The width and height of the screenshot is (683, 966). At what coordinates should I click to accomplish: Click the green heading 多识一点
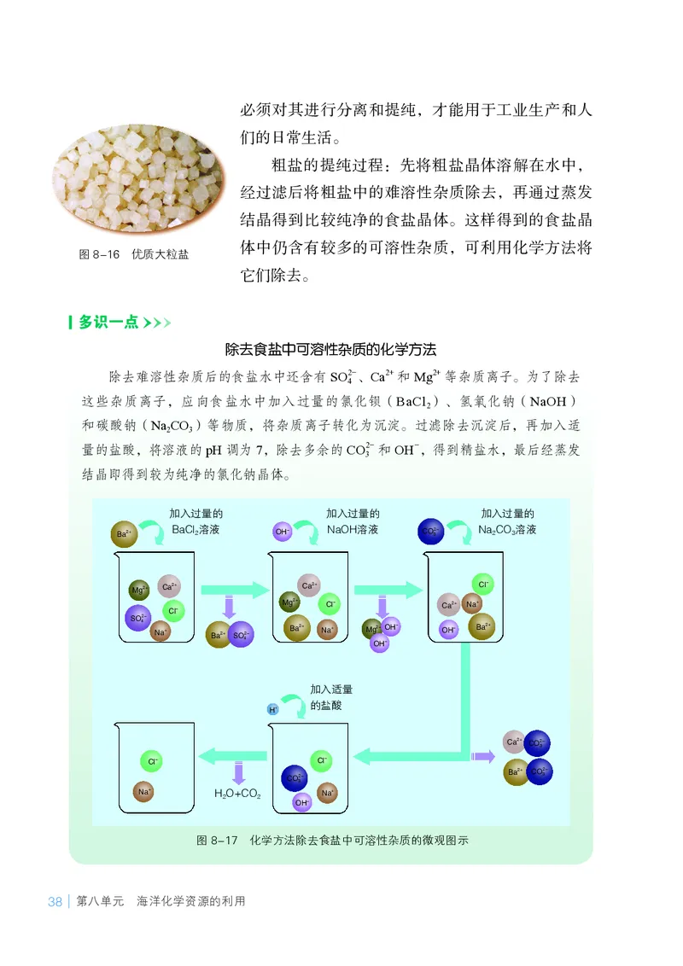point(108,323)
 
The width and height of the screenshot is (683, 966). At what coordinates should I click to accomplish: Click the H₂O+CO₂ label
point(237,793)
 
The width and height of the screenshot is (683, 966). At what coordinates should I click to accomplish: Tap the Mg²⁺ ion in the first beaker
point(138,590)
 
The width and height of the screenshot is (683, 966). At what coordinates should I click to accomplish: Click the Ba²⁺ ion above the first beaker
point(123,534)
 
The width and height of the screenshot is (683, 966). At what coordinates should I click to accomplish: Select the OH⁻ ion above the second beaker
point(282,532)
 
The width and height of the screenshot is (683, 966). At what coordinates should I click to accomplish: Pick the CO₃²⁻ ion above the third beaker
point(432,531)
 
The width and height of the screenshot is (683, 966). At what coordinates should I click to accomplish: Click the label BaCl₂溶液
point(196,529)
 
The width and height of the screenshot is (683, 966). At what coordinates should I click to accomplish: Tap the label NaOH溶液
point(353,529)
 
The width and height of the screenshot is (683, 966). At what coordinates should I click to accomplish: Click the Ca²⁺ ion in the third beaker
point(447,605)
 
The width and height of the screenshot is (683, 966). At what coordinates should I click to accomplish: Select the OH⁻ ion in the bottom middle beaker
point(301,802)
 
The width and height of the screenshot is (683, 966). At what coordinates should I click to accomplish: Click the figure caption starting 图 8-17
point(333,840)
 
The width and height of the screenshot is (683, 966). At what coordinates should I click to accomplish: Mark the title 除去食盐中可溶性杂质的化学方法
point(330,349)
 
